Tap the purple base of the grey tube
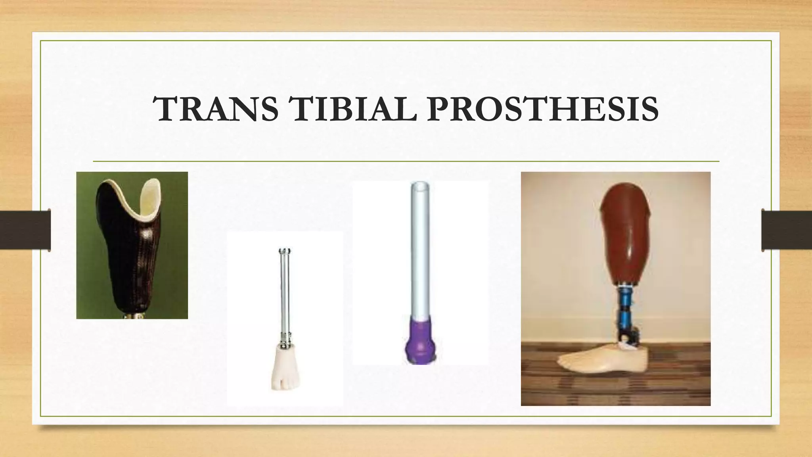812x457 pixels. [420, 341]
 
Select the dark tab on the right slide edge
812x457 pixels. [787, 230]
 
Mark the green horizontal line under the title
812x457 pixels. [406, 161]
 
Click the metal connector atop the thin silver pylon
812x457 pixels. [285, 251]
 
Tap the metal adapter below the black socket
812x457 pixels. [133, 316]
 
